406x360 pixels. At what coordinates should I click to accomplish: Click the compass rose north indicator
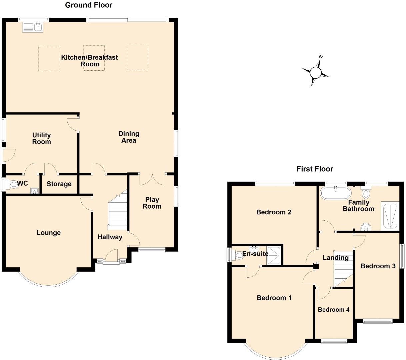point(316,71)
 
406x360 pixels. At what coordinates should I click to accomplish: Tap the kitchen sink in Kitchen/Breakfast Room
point(32,27)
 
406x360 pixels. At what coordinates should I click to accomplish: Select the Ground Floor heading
point(89,5)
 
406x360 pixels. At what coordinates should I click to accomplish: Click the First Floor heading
point(315,169)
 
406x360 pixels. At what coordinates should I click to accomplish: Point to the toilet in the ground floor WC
point(14,184)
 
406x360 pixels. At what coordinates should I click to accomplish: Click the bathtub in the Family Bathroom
point(335,193)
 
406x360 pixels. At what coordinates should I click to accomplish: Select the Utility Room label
point(42,138)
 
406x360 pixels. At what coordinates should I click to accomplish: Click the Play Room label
point(152,203)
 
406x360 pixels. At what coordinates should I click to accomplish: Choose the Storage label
point(59,184)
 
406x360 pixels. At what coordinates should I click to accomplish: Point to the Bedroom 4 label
point(333,310)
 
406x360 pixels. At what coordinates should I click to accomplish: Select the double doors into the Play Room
point(152,179)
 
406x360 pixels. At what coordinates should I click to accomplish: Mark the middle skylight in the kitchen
point(94,58)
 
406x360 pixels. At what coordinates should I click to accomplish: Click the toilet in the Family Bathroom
point(366,193)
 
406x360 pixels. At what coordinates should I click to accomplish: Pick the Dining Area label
point(129,137)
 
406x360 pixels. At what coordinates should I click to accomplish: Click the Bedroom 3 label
point(378,266)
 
